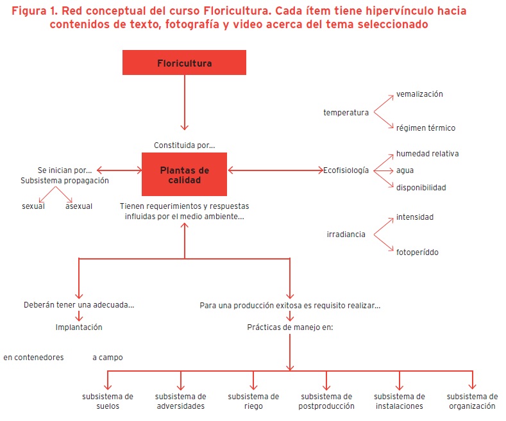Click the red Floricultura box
[x=184, y=63]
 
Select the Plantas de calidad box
[x=184, y=175]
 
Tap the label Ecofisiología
[x=346, y=170]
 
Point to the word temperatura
[x=346, y=113]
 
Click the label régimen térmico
[x=425, y=128]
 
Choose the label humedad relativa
[x=427, y=154]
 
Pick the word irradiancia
[x=346, y=235]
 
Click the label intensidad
[x=414, y=217]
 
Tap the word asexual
[x=79, y=206]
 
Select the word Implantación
[x=79, y=327]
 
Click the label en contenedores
[x=33, y=358]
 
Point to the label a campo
[x=107, y=358]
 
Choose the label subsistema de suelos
[x=108, y=401]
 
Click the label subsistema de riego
[x=253, y=401]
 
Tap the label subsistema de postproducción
[x=327, y=401]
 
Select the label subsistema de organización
[x=472, y=401]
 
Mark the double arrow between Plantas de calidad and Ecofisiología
[x=276, y=170]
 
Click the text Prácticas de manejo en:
[x=290, y=327]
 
